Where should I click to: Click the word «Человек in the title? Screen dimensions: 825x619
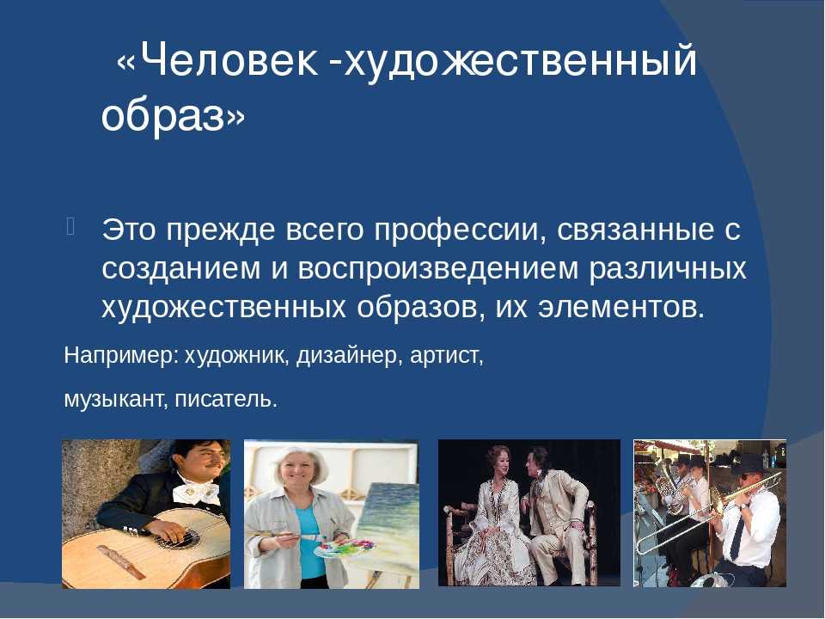click(x=217, y=60)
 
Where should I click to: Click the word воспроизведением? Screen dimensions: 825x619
click(x=437, y=269)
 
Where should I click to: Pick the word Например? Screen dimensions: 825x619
click(x=121, y=356)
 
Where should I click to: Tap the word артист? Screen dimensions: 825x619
click(x=447, y=356)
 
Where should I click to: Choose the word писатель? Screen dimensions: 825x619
click(x=226, y=400)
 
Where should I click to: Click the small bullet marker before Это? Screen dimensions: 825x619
click(x=71, y=225)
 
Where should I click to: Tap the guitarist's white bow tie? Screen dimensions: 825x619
click(x=198, y=493)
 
